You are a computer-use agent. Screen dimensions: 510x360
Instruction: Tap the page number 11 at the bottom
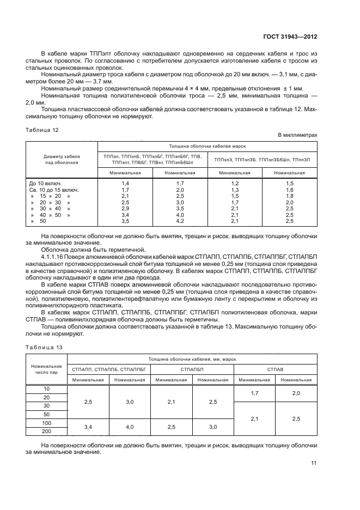[314, 463]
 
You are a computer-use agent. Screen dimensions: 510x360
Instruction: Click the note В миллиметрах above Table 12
[297, 135]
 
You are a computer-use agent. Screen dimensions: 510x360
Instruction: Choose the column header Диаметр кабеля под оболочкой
[62, 159]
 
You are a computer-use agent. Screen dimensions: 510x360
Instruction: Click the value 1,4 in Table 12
[125, 183]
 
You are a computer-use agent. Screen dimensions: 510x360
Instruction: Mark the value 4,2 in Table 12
[180, 221]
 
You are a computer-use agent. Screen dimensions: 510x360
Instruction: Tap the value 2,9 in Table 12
[125, 209]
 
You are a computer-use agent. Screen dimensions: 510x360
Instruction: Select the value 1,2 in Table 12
[235, 183]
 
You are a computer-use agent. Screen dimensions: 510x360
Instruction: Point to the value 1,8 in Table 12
[290, 196]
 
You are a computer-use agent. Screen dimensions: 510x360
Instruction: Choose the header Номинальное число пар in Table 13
[46, 369]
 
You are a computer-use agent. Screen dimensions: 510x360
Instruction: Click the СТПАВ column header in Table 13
[275, 369]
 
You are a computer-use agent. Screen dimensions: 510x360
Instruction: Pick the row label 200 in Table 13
[46, 431]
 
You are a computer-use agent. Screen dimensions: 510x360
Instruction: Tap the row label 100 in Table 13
[46, 423]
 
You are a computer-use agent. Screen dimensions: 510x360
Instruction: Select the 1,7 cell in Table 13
[254, 393]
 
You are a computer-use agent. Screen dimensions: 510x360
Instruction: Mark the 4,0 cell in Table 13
[130, 427]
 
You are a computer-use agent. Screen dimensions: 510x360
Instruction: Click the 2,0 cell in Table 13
[296, 393]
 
